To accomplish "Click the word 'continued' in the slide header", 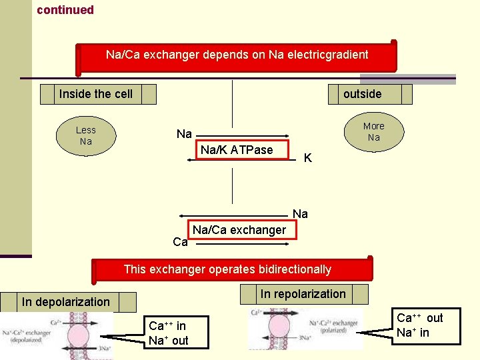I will coord(65,10).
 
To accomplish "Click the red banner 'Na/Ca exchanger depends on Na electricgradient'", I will coord(237,55).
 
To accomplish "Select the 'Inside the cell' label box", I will coord(97,94).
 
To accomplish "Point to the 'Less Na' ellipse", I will coord(85,136).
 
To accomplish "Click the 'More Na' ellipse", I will coord(373,131).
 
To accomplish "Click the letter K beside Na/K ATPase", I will coord(307,158).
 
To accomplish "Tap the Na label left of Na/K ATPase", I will coord(184,134).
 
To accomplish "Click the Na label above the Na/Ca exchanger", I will coord(300,214).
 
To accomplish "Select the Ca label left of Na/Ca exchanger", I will coord(180,242).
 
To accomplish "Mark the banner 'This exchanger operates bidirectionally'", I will coord(227,269).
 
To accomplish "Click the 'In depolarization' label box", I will coord(67,302).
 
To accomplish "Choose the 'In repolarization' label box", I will coord(303,294).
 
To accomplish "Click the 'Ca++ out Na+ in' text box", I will coord(420,325).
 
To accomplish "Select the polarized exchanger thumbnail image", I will coord(305,329).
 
